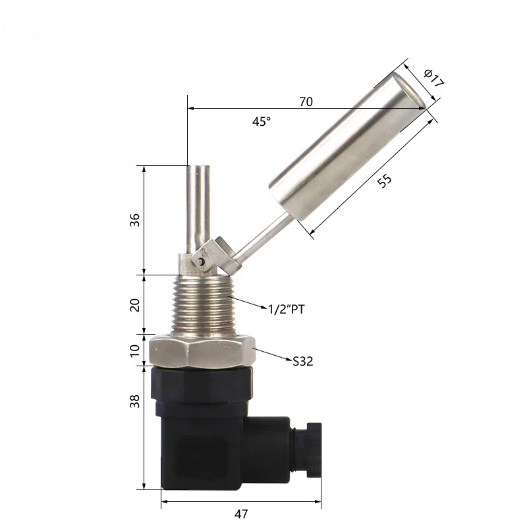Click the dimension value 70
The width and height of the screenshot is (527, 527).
pos(306,101)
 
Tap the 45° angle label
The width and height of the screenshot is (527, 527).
pos(262,121)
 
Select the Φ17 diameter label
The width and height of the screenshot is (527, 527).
pos(433,78)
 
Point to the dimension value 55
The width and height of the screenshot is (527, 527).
pos(385,180)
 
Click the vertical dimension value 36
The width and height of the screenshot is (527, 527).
pos(135,220)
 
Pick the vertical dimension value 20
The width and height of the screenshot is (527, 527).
pos(135,305)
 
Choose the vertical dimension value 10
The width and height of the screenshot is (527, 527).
pos(135,350)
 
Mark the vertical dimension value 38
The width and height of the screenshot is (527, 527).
pos(135,401)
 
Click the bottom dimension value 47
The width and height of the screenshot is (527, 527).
pos(241,514)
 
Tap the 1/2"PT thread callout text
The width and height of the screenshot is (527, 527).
pos(287,309)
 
